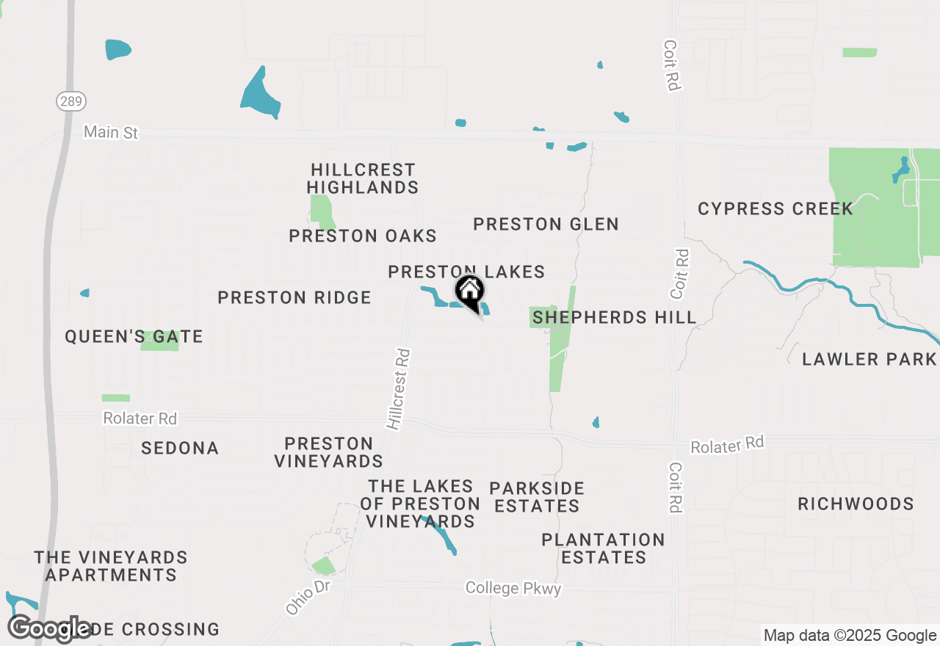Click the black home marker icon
(469, 291)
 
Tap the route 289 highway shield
(71, 101)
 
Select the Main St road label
(111, 132)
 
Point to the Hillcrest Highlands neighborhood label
(363, 178)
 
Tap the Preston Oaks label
(363, 236)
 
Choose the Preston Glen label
(546, 224)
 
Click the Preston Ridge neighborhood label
(294, 297)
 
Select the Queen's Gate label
(134, 336)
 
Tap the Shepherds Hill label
(614, 317)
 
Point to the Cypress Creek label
(775, 208)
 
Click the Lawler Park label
(869, 359)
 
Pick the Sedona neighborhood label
(180, 448)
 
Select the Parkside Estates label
(537, 497)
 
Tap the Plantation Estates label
(603, 548)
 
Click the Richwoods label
(856, 504)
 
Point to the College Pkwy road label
(513, 588)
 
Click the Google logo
(50, 628)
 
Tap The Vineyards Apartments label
(111, 566)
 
